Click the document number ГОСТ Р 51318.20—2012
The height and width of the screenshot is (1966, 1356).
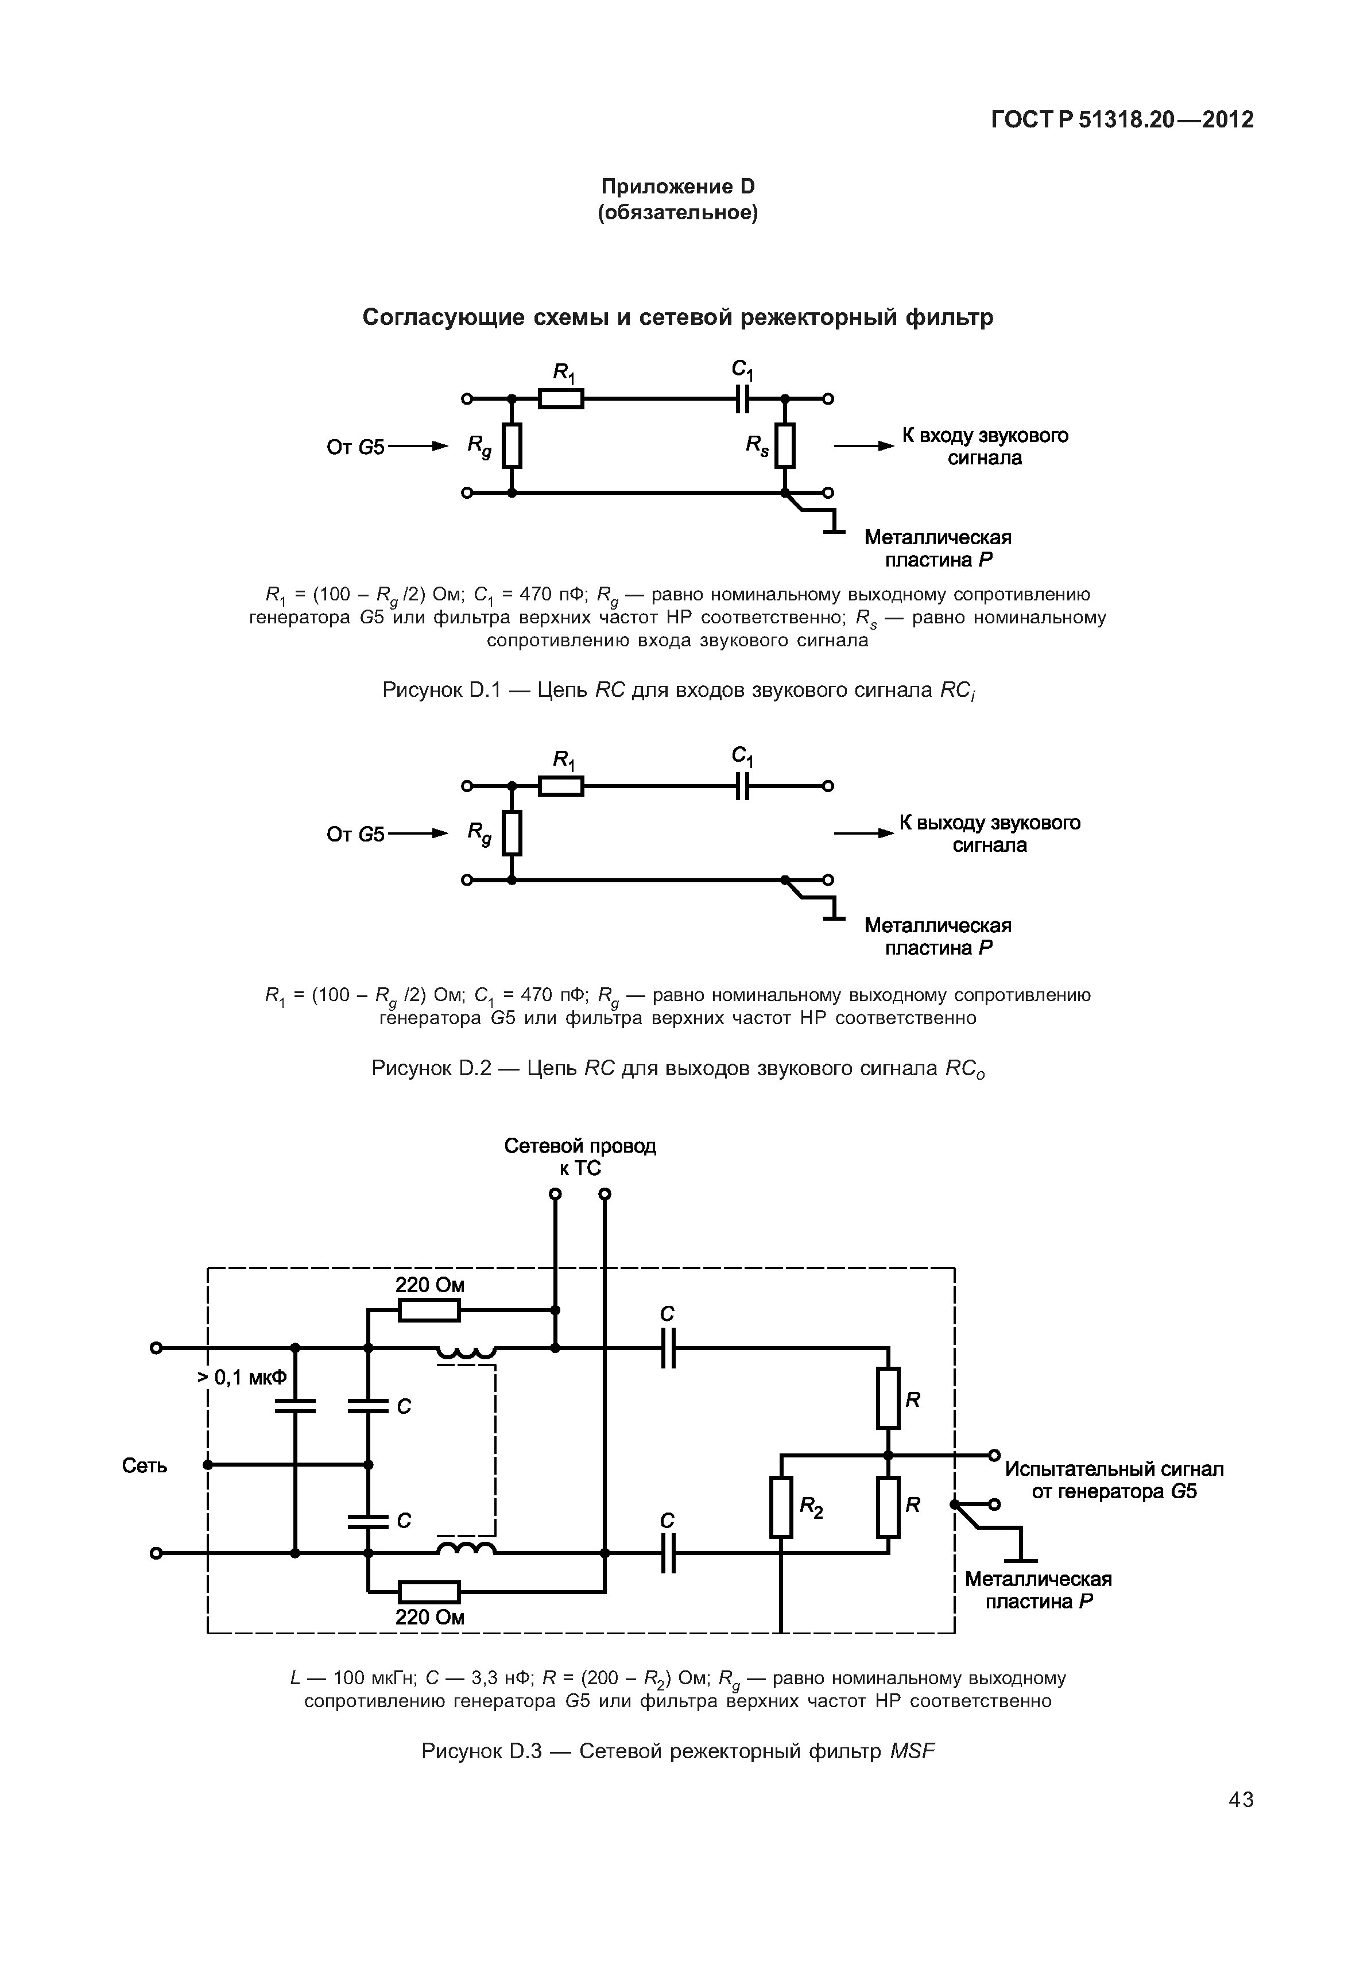[1122, 120]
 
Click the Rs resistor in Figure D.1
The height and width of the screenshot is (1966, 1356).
[785, 445]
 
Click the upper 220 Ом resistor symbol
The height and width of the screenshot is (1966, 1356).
[429, 1311]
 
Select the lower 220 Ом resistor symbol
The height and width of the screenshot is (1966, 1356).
[429, 1591]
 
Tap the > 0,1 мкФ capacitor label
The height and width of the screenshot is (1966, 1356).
[243, 1377]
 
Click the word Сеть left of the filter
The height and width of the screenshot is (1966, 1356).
[145, 1465]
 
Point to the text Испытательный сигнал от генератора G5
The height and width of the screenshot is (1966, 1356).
[1114, 1480]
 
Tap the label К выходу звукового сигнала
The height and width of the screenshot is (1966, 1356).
[989, 833]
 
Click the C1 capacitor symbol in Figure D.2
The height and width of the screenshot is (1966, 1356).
[742, 786]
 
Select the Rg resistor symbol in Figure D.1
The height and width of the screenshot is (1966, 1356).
[512, 445]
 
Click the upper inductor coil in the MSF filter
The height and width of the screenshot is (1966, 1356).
[466, 1351]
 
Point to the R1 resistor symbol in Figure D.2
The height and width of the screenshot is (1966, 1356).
[561, 786]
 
